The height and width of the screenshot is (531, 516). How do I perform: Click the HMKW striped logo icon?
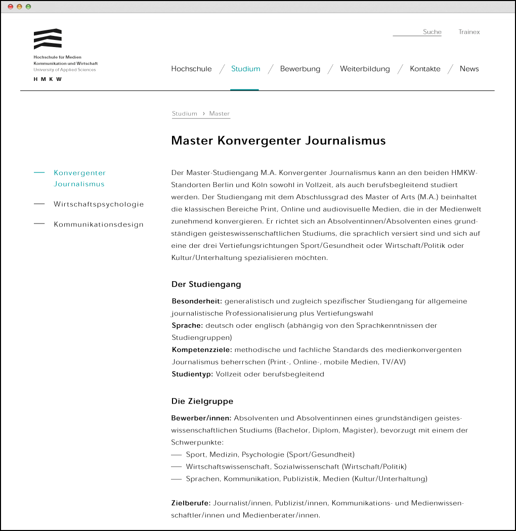pos(48,39)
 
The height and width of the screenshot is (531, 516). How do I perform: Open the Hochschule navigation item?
pos(191,69)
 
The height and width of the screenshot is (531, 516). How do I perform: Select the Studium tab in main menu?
pos(245,69)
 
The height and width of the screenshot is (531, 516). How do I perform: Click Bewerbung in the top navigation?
pos(300,69)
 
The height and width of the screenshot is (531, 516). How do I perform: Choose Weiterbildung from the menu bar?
pos(365,69)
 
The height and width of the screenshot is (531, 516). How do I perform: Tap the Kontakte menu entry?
pos(425,69)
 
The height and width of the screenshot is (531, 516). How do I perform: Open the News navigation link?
pos(469,69)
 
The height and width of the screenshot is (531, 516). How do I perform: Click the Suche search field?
pos(417,32)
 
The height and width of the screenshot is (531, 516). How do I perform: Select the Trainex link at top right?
pos(469,32)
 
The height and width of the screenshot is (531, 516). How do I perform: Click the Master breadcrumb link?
pos(220,114)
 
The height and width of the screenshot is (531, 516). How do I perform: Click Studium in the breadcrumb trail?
pos(185,114)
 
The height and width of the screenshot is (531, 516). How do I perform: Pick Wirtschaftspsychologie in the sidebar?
pos(99,204)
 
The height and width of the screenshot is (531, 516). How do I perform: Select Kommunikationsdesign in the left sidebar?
pos(99,225)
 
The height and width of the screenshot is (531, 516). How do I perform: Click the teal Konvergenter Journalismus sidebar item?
pos(79,179)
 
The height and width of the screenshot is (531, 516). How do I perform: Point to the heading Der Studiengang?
pos(206,284)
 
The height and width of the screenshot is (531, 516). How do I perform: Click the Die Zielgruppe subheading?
pos(202,402)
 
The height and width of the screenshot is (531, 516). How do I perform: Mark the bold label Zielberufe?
pos(191,503)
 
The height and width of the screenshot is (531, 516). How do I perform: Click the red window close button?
pos(11,7)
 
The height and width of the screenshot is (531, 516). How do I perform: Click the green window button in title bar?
pos(28,7)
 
